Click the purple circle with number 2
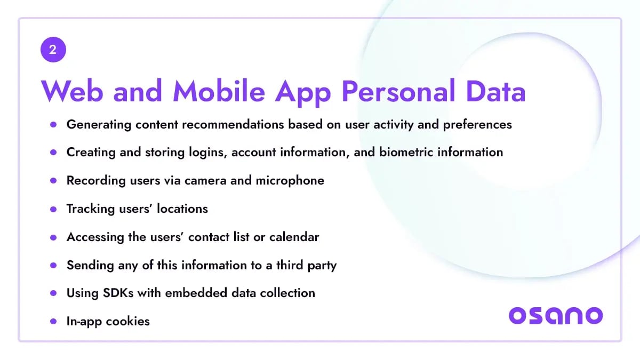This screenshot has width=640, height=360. pos(53,50)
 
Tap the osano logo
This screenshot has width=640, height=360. pos(556,316)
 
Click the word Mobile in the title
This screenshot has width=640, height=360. pos(219,91)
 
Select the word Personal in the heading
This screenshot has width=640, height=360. pos(398,91)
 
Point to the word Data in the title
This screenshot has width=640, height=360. pos(495,91)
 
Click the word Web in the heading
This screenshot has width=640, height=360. pos(72,91)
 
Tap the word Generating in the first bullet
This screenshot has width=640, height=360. pos(99,125)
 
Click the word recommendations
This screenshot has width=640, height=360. pos(233,124)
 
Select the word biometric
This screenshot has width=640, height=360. pos(406,152)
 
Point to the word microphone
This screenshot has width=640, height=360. pos(290,181)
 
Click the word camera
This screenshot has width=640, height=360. pos(205,181)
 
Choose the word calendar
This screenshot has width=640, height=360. pos(294,237)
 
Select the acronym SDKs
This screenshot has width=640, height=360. pos(118,293)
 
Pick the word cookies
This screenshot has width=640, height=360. pos(127,322)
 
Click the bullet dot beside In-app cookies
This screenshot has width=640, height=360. pos(53,322)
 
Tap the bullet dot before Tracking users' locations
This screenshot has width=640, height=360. pos(53,209)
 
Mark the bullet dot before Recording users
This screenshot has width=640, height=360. pos(53,181)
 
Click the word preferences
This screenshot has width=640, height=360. pos(477,125)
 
